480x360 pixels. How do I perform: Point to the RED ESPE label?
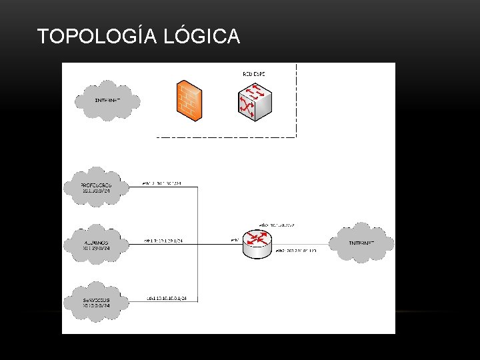tap(254, 73)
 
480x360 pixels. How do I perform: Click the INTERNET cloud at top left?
tap(107, 100)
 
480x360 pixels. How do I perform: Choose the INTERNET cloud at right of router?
tap(362, 242)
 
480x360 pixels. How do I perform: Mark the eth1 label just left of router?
tap(234, 240)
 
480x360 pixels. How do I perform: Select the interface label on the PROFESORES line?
tap(162, 183)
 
